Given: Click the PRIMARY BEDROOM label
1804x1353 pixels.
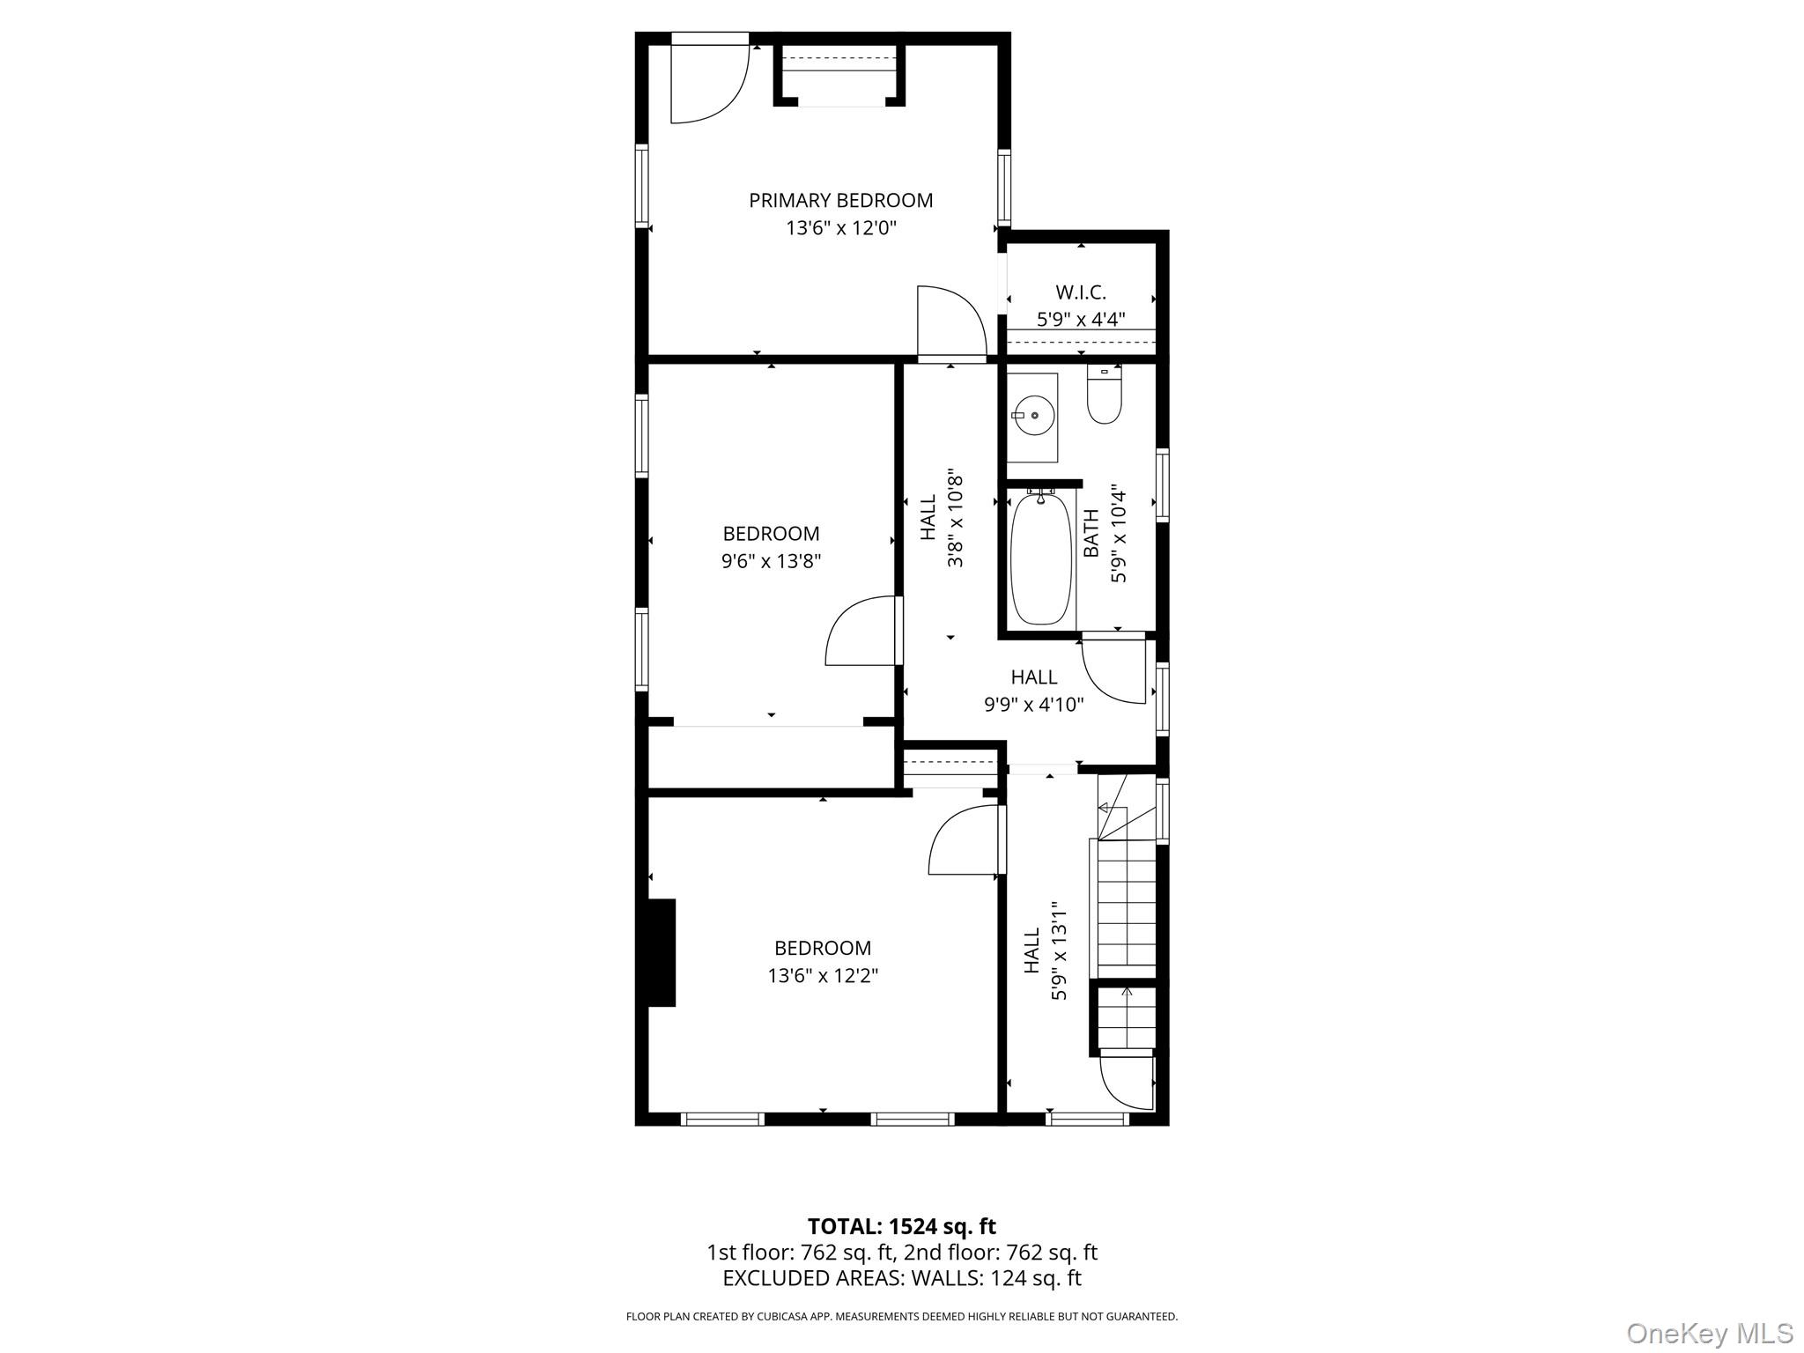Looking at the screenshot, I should tap(840, 200).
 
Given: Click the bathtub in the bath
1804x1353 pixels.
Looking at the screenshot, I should tap(1041, 558).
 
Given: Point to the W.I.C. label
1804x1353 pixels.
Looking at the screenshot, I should tap(1080, 292).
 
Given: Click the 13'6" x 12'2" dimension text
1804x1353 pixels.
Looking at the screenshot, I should tap(823, 976).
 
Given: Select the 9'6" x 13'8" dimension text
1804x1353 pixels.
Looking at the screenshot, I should tap(771, 561).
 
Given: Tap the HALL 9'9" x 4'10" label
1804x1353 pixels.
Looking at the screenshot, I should tap(1033, 677).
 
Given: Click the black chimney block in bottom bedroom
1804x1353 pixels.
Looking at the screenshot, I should tap(662, 952).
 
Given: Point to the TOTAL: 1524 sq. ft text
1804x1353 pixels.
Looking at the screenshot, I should tap(901, 1226).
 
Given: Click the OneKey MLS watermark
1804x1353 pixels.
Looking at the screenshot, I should tap(1709, 1333).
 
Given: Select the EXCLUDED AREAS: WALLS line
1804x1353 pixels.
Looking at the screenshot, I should tap(901, 1278).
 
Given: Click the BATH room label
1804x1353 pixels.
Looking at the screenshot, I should tap(1091, 533).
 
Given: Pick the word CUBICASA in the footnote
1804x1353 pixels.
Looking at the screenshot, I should tap(788, 1316).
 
